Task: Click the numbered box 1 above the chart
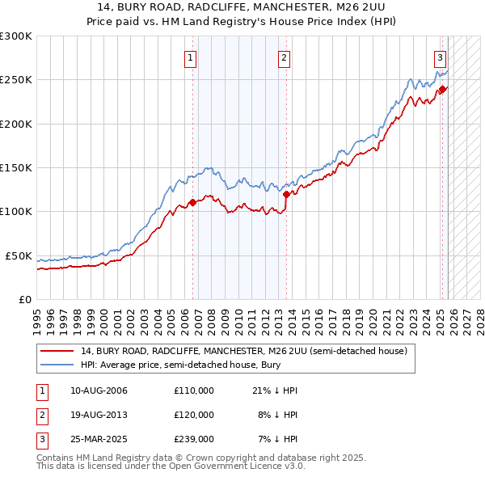(x=189, y=57)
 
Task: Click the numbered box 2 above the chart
(x=285, y=57)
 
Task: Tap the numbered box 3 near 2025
(x=440, y=57)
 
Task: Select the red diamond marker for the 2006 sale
(x=192, y=202)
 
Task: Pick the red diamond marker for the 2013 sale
(x=286, y=194)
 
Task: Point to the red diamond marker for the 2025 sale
(x=442, y=90)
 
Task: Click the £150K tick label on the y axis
(x=16, y=167)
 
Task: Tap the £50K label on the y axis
(x=19, y=255)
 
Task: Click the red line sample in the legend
(x=57, y=352)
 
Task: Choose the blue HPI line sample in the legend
(x=57, y=365)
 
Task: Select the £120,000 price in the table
(x=193, y=415)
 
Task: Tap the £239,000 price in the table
(x=193, y=439)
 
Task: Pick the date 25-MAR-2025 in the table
(x=99, y=439)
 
